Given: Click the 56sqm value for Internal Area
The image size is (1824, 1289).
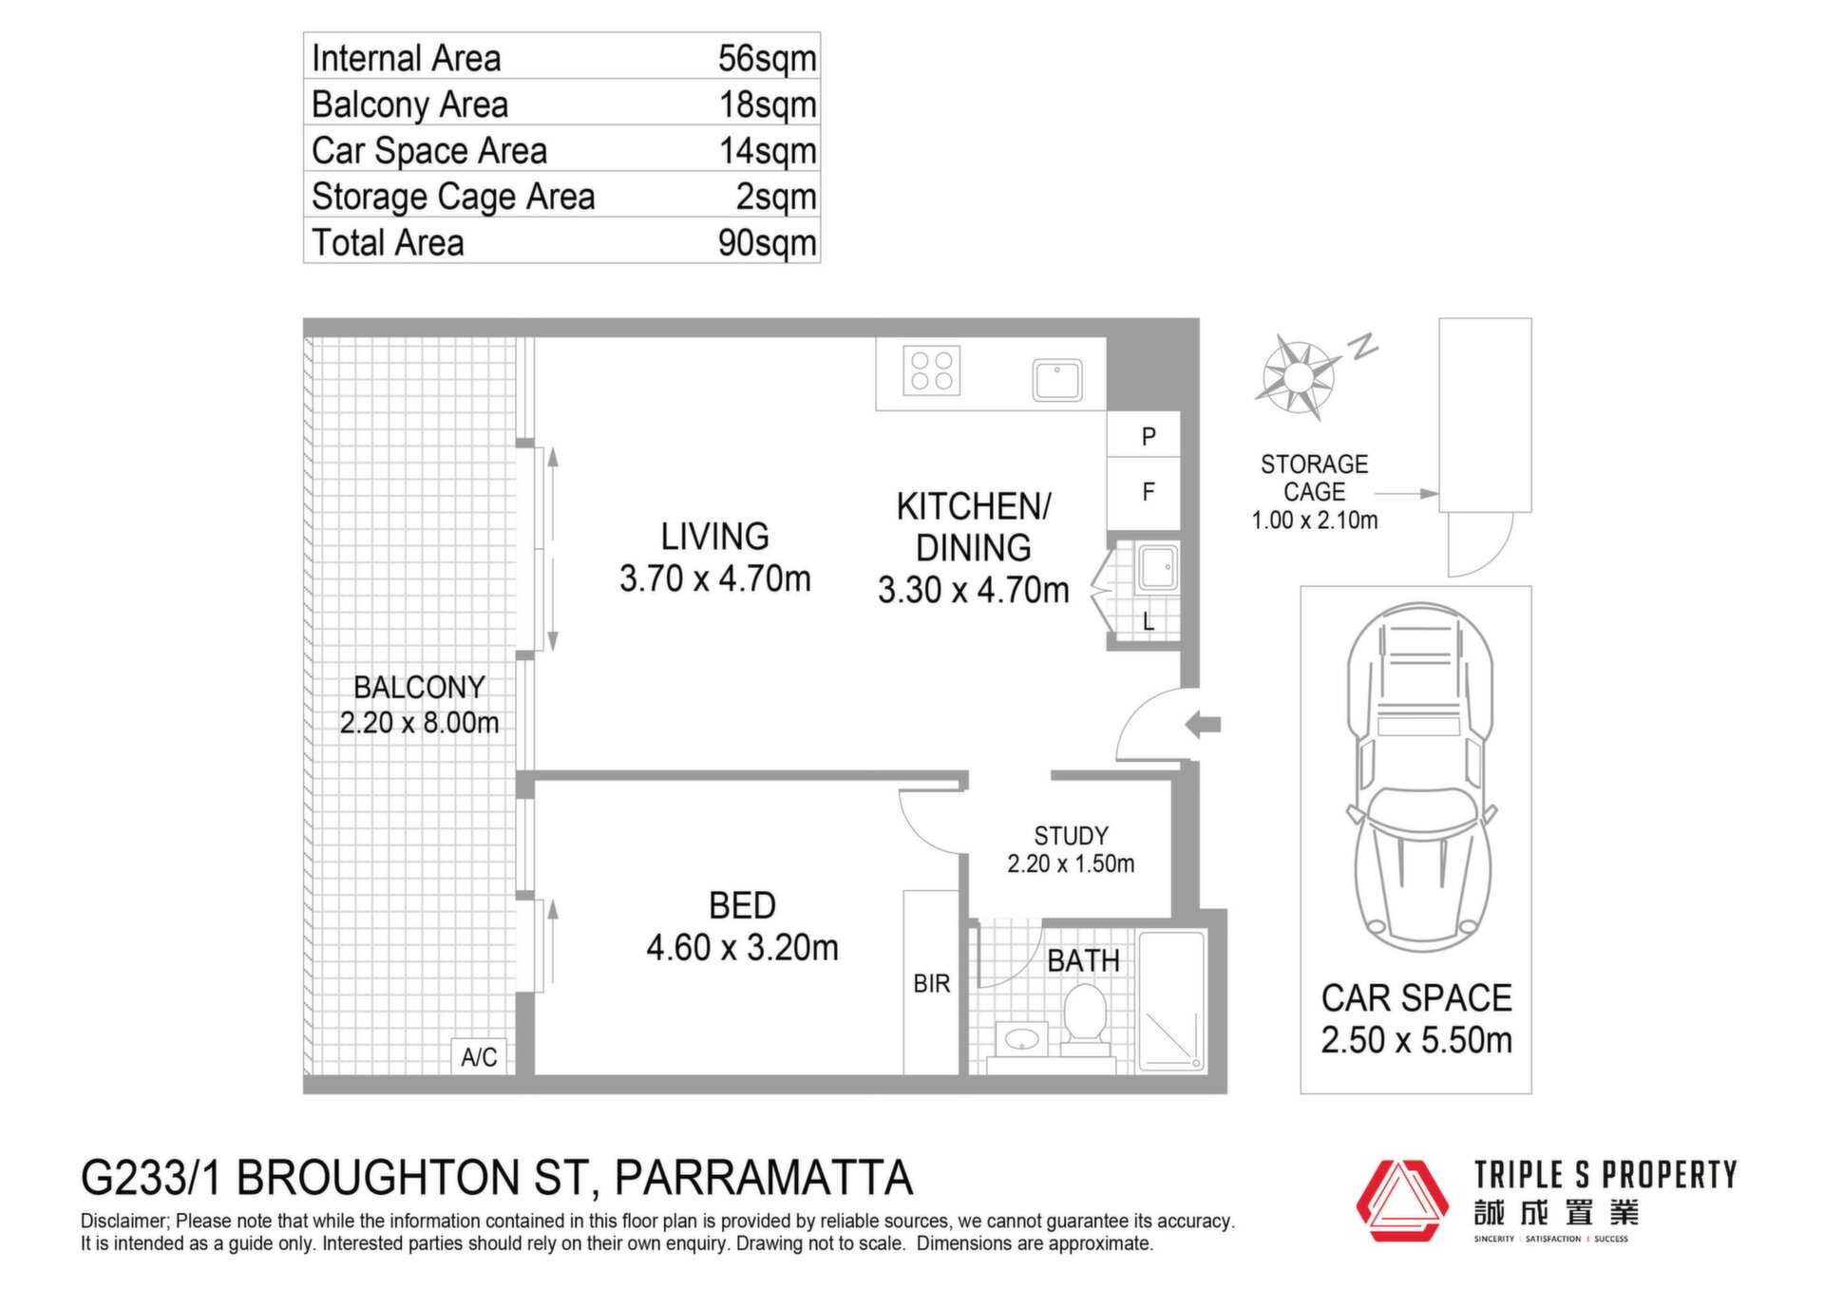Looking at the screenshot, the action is (767, 59).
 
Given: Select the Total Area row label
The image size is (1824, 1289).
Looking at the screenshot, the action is (388, 243).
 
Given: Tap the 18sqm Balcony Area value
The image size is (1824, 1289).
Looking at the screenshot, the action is (768, 105).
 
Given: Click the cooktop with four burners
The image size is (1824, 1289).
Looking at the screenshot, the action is (931, 370).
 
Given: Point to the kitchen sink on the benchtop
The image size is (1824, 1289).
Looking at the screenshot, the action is (1057, 380).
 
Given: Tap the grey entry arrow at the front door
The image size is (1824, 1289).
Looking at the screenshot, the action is (1203, 725).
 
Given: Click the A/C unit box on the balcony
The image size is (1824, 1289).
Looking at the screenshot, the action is (479, 1056).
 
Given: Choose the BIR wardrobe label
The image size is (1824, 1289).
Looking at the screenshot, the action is (931, 984).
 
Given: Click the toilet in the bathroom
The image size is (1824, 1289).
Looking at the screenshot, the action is (1084, 1018).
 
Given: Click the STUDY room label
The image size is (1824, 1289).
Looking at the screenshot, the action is (1071, 836).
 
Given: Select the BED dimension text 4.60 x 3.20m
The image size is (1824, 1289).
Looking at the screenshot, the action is (742, 948).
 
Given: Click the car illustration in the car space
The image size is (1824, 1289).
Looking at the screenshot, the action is (1418, 777).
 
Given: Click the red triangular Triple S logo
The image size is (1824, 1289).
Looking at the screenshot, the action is (1401, 1201).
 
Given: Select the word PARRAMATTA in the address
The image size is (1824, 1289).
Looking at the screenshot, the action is (763, 1178).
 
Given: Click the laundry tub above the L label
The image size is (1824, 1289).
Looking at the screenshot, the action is (1158, 568).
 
